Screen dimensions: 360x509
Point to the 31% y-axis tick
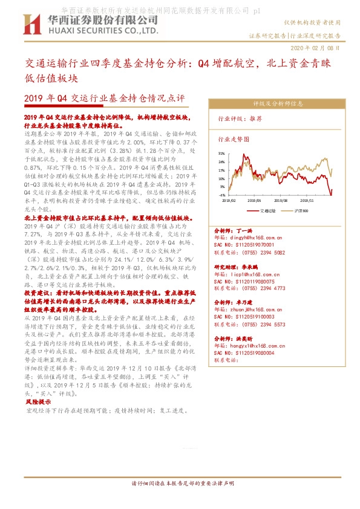223,154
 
